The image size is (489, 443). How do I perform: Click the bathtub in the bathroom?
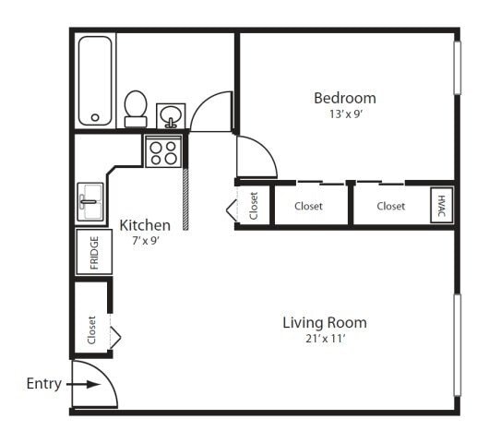95,81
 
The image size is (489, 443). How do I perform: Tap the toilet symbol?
136,109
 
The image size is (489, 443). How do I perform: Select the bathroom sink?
171,115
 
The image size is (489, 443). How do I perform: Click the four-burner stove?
163,151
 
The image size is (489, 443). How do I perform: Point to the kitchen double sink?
90,202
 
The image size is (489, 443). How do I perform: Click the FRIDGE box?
94,252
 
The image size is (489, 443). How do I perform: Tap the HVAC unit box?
442,205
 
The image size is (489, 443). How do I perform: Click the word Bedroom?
345,98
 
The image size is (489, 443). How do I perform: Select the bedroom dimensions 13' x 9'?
345,114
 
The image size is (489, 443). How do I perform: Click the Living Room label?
325,323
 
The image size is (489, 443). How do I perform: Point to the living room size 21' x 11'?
326,339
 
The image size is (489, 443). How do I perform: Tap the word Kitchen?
145,225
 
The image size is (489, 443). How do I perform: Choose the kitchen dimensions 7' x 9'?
146,241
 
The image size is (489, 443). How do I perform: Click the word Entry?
44,384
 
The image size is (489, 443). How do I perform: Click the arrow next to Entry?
83,384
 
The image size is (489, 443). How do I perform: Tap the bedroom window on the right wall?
458,67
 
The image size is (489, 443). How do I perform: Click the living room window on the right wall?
458,345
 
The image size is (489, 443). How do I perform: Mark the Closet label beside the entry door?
91,330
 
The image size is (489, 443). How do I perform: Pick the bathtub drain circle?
95,117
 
